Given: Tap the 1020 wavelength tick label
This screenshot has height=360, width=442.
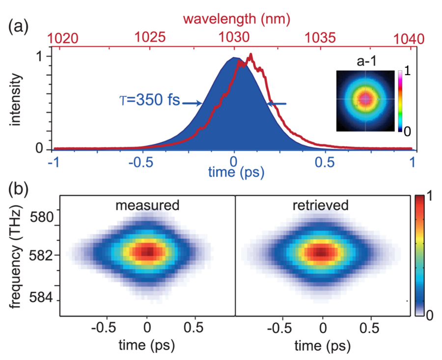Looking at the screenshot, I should pyautogui.click(x=62, y=38).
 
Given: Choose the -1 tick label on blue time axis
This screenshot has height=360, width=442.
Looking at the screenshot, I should pyautogui.click(x=50, y=163).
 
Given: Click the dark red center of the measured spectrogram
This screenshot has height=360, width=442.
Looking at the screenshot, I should pyautogui.click(x=148, y=252).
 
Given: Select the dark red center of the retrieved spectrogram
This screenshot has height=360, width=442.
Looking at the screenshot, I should pyautogui.click(x=321, y=252).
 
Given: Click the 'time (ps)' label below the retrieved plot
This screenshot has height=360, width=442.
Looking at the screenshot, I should pyautogui.click(x=322, y=346).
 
